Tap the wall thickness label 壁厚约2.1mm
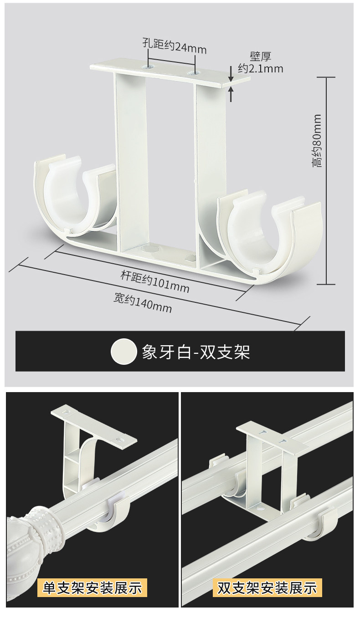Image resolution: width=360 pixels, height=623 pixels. pos(260,63)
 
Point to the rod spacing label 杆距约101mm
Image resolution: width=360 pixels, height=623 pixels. pos(154,282)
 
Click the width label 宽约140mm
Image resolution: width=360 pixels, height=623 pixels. pos(143,304)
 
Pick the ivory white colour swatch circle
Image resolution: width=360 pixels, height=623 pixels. pos(123,352)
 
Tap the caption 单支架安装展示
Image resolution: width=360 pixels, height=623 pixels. pos(93,587)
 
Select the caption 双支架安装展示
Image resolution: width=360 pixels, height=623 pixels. pos(267,587)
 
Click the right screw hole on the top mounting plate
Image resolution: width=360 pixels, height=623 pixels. pos(195,72)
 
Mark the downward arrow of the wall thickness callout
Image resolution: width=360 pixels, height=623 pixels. pos(231,73)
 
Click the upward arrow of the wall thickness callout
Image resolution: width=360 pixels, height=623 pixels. pos(231,94)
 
